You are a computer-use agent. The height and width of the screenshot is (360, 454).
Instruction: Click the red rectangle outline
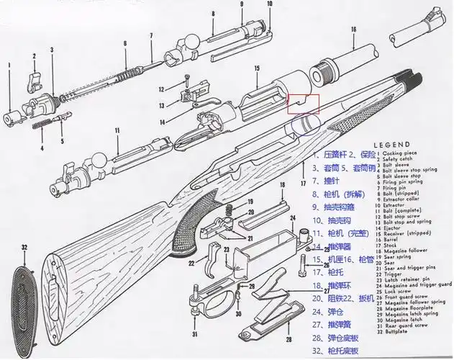tap(301, 104)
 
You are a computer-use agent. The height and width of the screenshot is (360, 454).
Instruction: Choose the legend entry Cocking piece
tap(404, 155)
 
